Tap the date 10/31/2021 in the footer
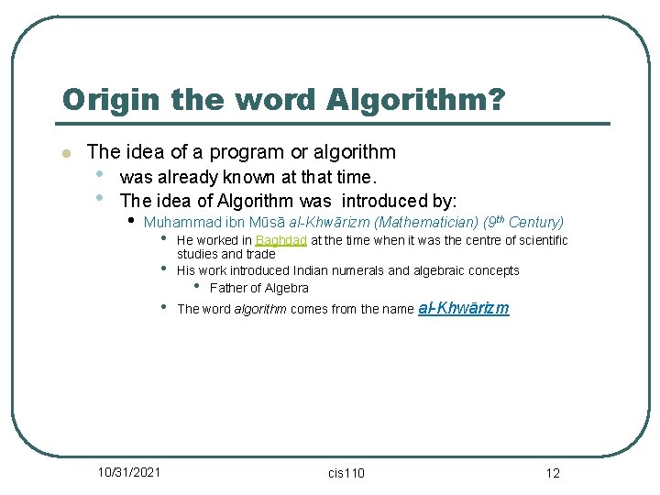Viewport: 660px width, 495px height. [x=129, y=472]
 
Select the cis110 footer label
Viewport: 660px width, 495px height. [x=346, y=473]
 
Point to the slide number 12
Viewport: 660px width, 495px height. [x=552, y=473]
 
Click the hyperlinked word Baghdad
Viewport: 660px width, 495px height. [x=281, y=240]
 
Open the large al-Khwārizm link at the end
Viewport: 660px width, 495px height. [x=463, y=308]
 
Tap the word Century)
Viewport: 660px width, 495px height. [x=536, y=222]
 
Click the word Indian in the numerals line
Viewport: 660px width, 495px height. [x=313, y=270]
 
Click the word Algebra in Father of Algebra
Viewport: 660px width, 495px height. [x=287, y=288]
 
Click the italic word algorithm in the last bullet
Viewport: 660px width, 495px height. [x=260, y=309]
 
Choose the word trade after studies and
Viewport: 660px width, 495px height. [x=260, y=254]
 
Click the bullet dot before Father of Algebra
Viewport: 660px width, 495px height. [x=197, y=287]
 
